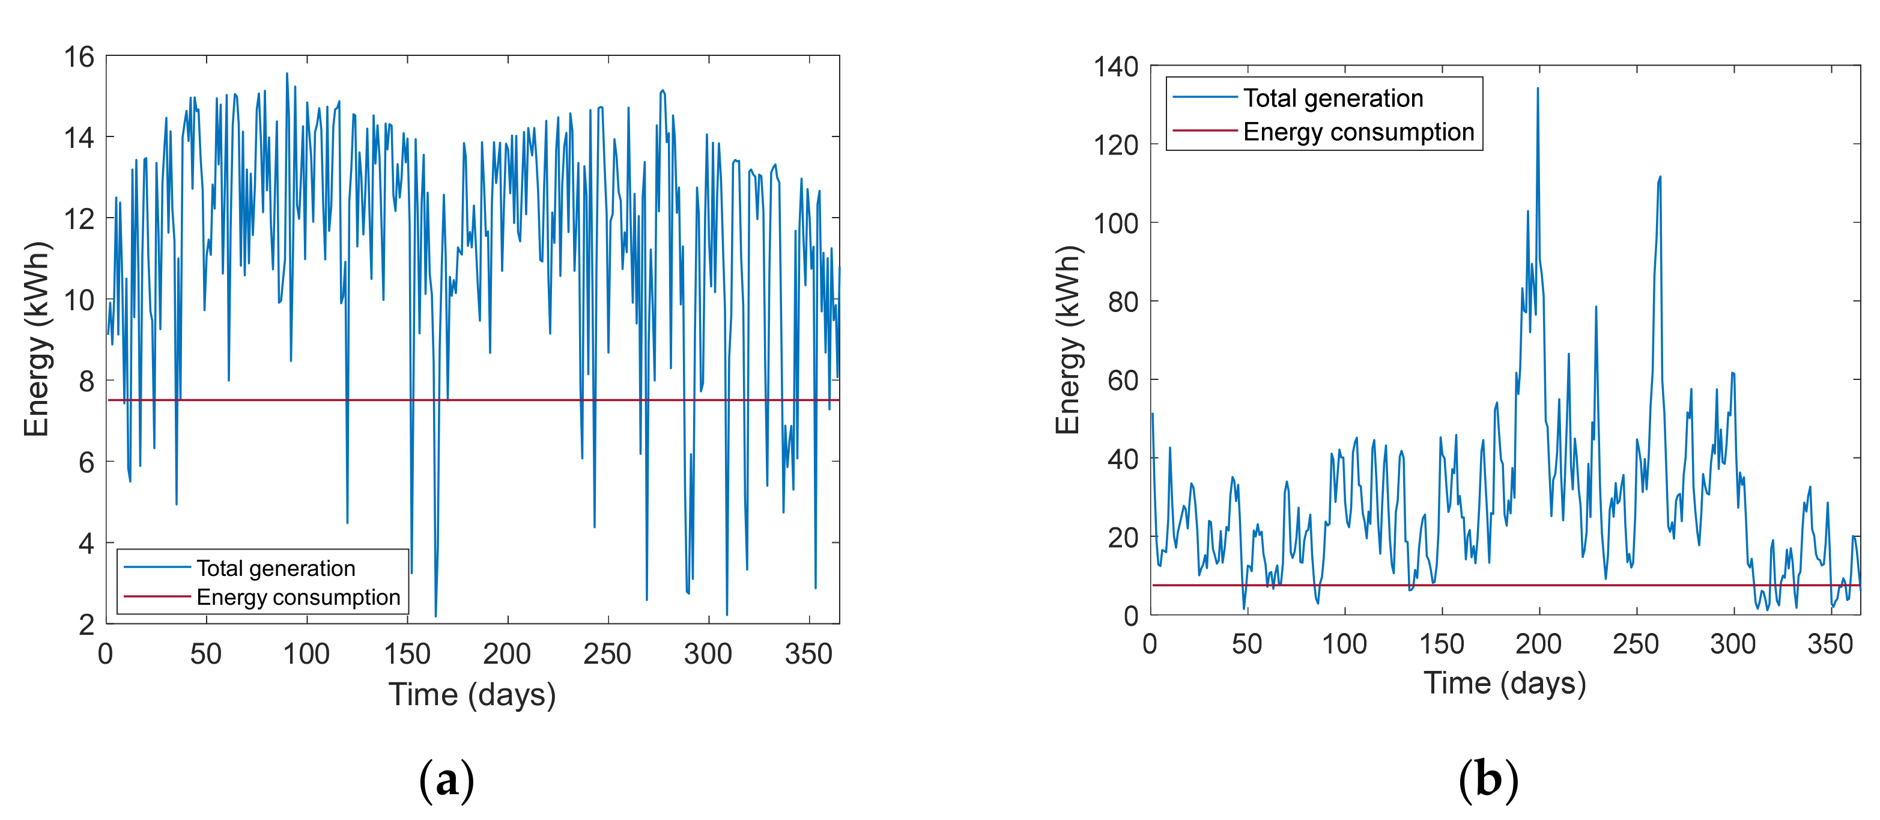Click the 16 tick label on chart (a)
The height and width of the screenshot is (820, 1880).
[79, 57]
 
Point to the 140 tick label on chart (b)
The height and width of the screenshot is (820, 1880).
[1115, 67]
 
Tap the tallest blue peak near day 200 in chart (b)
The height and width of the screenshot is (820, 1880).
[1538, 89]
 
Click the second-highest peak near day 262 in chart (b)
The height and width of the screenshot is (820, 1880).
[1660, 177]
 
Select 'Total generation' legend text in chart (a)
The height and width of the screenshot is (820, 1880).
[276, 568]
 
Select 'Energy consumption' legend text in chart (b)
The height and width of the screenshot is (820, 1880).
[1358, 132]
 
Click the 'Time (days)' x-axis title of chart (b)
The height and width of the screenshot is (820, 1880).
[1505, 684]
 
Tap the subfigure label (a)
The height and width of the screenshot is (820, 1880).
[446, 780]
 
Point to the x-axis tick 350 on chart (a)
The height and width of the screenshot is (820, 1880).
[808, 654]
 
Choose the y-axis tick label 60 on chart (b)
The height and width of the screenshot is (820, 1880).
[1123, 381]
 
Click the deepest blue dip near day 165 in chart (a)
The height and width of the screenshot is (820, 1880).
[435, 616]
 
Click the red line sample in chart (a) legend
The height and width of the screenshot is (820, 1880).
[156, 596]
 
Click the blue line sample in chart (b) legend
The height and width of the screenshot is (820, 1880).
[1204, 98]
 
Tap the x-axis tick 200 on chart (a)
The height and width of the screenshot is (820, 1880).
[506, 654]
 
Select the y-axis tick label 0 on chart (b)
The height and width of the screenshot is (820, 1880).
[1130, 616]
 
